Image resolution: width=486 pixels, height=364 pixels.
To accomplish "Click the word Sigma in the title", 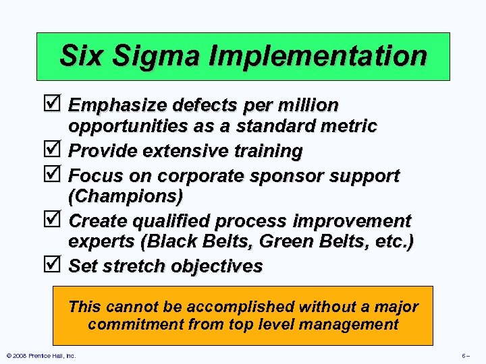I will (153, 55).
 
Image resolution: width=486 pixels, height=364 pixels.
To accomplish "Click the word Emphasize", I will (119, 106).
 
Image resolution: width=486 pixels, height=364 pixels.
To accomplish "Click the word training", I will (268, 152).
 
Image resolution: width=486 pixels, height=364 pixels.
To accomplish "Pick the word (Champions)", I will (126, 197).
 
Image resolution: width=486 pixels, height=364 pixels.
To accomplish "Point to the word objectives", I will (217, 266).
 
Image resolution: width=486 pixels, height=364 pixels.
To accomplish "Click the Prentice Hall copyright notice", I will (40, 355).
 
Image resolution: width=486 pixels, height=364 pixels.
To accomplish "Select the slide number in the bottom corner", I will (465, 355).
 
